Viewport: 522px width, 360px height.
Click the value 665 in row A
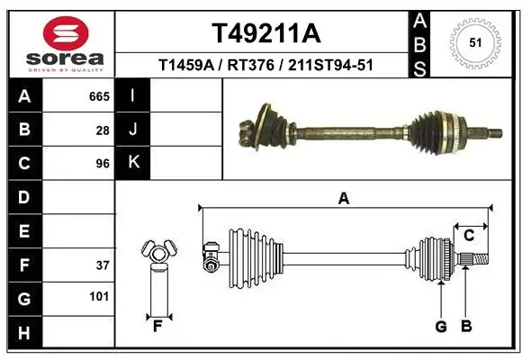(x=99, y=96)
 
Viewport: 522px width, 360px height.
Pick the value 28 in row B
(x=103, y=130)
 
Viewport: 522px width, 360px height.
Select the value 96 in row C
(x=103, y=164)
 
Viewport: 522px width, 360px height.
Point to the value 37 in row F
(x=103, y=265)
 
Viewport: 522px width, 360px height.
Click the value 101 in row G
(x=99, y=296)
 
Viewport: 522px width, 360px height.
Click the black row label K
(x=132, y=163)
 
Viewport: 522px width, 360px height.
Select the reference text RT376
(x=255, y=66)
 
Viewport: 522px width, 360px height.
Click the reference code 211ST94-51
(x=331, y=66)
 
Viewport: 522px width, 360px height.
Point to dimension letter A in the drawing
(x=343, y=199)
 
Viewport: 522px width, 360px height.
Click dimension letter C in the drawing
(x=469, y=236)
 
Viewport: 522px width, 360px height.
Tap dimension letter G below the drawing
(x=441, y=327)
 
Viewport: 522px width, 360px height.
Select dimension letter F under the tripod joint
(x=157, y=326)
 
